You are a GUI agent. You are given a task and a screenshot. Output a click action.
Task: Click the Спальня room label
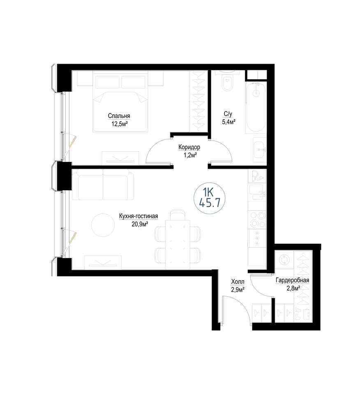[119, 116]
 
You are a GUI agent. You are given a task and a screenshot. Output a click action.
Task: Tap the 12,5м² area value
[120, 124]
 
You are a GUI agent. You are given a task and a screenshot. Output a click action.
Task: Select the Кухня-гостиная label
[138, 216]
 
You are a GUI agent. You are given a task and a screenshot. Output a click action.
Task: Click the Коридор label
[189, 147]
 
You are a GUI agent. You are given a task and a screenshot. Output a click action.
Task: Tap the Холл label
[238, 282]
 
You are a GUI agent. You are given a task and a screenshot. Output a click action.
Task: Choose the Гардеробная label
[292, 280]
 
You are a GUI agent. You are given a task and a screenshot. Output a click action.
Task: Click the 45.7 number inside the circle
[209, 203]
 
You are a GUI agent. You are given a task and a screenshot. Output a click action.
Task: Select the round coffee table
[103, 225]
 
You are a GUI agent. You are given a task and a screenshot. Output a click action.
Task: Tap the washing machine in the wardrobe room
[284, 260]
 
